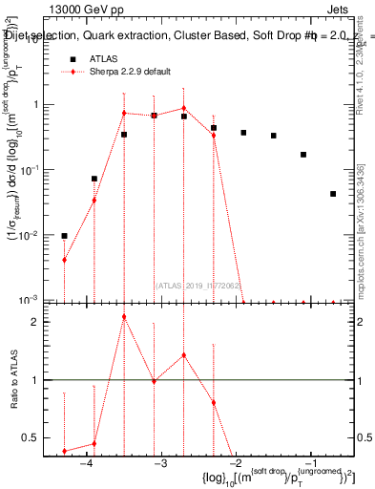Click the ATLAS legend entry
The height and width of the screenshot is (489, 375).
click(103, 58)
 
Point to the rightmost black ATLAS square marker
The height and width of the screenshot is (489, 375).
click(333, 194)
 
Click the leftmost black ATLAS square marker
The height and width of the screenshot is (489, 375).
click(64, 236)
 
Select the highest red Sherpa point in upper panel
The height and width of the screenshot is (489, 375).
click(184, 108)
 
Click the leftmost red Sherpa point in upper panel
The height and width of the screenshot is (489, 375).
click(64, 260)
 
